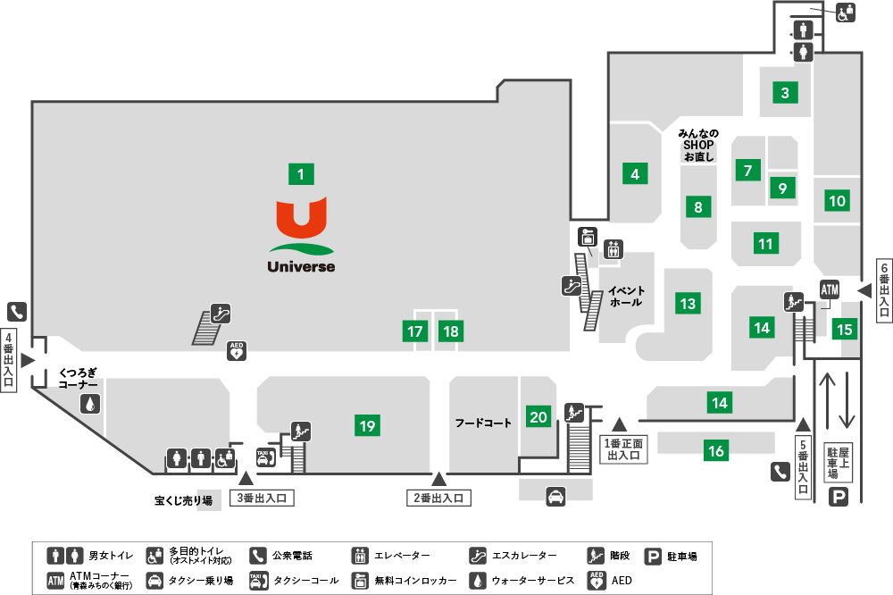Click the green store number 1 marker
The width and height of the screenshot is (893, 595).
pyautogui.click(x=301, y=174)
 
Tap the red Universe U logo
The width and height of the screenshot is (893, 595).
pyautogui.click(x=301, y=217)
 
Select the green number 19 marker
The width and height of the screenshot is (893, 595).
pyautogui.click(x=367, y=425)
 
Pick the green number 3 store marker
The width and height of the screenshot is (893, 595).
pyautogui.click(x=785, y=92)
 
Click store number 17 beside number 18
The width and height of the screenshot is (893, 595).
pyautogui.click(x=415, y=331)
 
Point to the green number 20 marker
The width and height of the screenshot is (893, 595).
pyautogui.click(x=538, y=416)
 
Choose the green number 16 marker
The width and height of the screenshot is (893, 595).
pyautogui.click(x=716, y=451)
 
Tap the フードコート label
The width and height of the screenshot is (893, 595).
pyautogui.click(x=483, y=423)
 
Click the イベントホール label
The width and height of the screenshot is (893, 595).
pyautogui.click(x=626, y=297)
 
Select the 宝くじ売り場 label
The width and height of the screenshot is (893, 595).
pyautogui.click(x=183, y=500)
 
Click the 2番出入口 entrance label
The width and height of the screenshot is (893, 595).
pyautogui.click(x=438, y=499)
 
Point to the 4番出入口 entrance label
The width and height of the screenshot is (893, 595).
pyautogui.click(x=9, y=360)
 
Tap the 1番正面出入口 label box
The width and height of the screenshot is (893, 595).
pyautogui.click(x=623, y=449)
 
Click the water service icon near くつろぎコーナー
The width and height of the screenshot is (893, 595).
pyautogui.click(x=90, y=404)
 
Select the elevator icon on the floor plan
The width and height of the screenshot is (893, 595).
pyautogui.click(x=613, y=249)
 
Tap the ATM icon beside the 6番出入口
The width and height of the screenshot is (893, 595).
pyautogui.click(x=830, y=290)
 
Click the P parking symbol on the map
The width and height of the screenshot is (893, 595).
pyautogui.click(x=838, y=497)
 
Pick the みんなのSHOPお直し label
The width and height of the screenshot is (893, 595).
pyautogui.click(x=698, y=145)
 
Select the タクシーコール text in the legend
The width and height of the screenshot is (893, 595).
pyautogui.click(x=305, y=581)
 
